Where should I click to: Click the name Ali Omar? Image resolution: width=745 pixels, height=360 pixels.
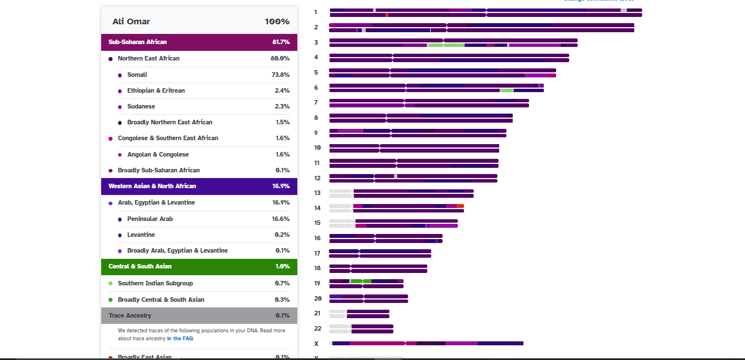click(131, 21)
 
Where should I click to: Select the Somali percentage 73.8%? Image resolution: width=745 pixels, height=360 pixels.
click(280, 75)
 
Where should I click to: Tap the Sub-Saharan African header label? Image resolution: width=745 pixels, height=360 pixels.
click(137, 42)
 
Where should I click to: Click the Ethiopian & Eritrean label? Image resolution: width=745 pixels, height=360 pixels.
click(155, 90)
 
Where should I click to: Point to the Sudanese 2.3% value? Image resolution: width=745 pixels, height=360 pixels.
click(281, 106)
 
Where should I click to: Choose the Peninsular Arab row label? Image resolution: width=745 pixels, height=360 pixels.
click(150, 219)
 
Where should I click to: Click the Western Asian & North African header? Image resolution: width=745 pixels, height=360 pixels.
click(152, 186)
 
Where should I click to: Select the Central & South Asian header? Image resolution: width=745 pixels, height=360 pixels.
click(140, 266)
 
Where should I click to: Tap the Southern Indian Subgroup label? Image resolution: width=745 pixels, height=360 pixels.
click(155, 283)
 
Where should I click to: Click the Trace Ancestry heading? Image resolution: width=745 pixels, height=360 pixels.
click(130, 315)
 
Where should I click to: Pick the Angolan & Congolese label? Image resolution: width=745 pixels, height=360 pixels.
click(158, 154)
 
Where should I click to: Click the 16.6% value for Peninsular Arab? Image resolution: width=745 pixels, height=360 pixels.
click(280, 219)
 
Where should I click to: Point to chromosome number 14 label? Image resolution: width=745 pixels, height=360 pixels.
click(317, 208)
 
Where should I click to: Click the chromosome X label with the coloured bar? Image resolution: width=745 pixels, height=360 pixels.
click(316, 344)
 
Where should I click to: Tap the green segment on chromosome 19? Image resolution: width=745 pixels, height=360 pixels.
click(357, 281)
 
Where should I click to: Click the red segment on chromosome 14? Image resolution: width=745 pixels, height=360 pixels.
click(460, 206)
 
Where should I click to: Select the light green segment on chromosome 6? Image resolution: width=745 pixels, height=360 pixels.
click(506, 90)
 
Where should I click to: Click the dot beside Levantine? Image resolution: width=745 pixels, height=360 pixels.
click(120, 235)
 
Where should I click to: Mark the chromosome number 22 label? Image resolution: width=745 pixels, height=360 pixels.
click(317, 328)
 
